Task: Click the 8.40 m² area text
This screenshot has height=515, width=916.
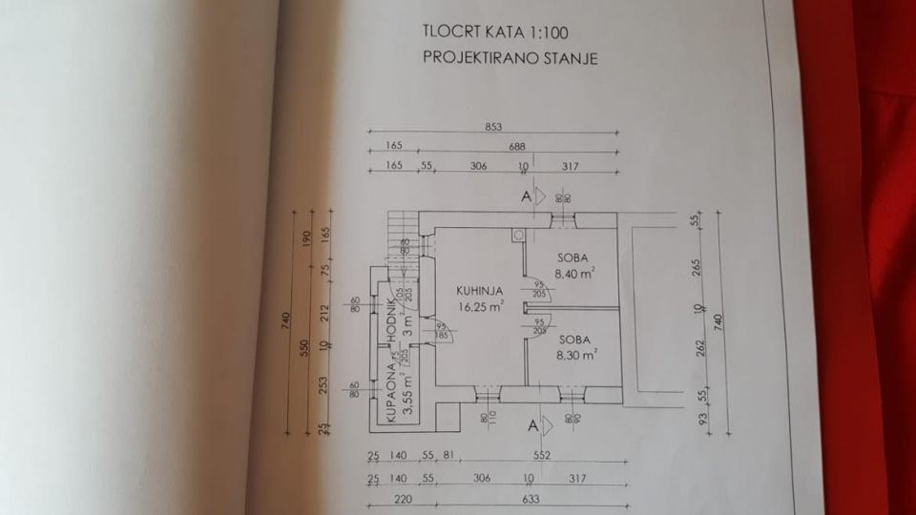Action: click(x=577, y=272)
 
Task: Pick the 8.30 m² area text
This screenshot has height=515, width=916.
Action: click(x=577, y=352)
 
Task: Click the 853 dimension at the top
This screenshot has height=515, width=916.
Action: click(x=492, y=128)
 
